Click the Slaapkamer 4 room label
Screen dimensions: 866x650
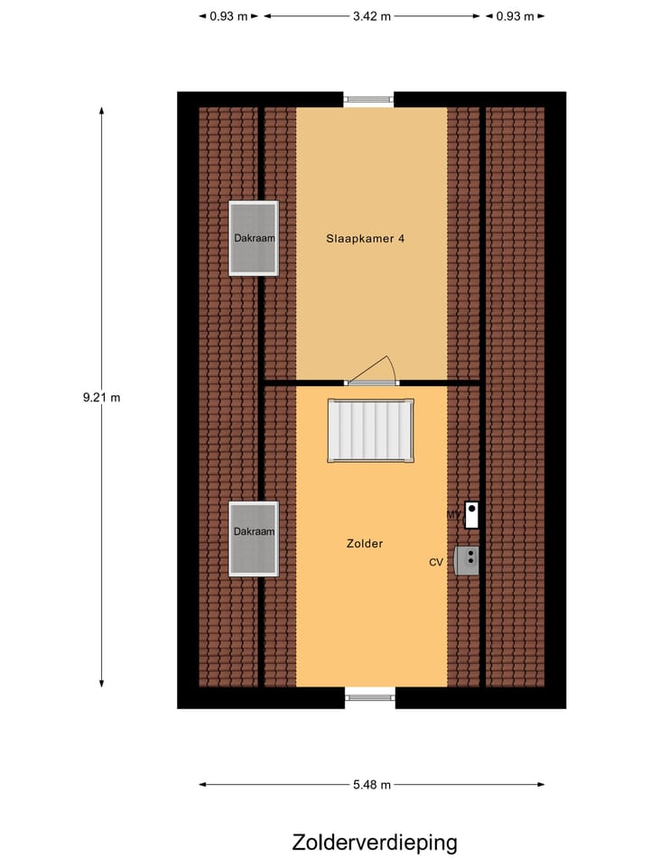[365, 239]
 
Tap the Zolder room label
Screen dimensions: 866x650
[365, 543]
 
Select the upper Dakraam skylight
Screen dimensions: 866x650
[254, 238]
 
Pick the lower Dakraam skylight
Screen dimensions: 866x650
[254, 539]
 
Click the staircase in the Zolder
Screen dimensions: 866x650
[370, 430]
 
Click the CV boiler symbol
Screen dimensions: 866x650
[469, 560]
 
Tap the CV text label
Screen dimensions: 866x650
[436, 562]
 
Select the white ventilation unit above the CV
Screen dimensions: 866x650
[471, 515]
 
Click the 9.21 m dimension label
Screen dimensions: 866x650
[101, 397]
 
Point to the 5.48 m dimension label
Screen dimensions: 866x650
[371, 785]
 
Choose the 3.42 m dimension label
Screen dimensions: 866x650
[372, 15]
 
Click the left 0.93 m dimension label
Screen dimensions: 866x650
[228, 15]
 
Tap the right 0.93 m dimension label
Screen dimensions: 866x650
[515, 15]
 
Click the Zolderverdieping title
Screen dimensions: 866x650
[375, 843]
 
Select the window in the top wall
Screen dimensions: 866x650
[368, 99]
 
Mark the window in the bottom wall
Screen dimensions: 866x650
[370, 696]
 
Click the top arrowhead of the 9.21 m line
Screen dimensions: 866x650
[101, 111]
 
